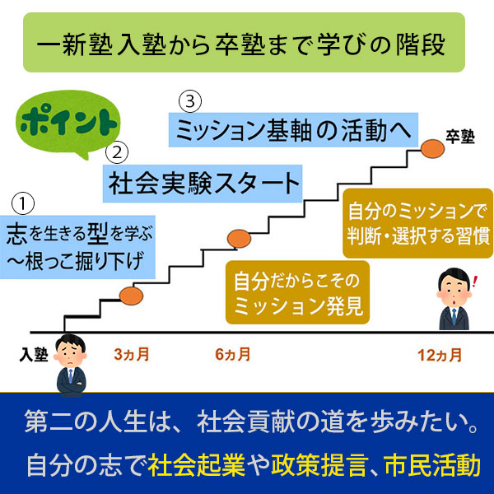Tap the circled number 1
(24, 203)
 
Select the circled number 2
(119, 151)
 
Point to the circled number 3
(189, 101)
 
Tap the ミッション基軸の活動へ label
(292, 130)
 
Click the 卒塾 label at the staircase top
(460, 137)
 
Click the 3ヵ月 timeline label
(132, 356)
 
